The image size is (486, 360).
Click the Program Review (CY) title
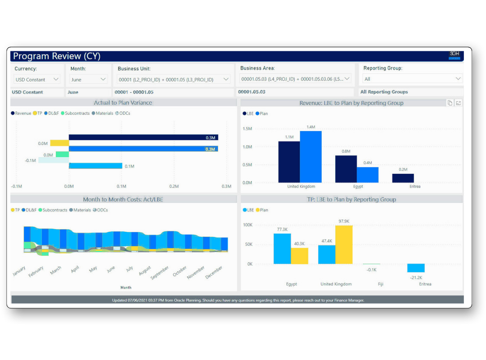pyautogui.click(x=57, y=56)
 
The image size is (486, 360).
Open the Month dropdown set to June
pyautogui.click(x=89, y=79)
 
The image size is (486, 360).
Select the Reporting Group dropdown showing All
pyautogui.click(x=412, y=79)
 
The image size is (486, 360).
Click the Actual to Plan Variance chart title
pyautogui.click(x=123, y=103)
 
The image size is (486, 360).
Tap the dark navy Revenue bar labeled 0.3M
pyautogui.click(x=143, y=137)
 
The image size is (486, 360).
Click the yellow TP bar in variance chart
pyautogui.click(x=59, y=143)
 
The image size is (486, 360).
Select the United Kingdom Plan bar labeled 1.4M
pyautogui.click(x=310, y=157)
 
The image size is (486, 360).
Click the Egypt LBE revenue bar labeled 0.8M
pyautogui.click(x=346, y=169)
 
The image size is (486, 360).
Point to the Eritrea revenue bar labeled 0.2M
pyautogui.click(x=403, y=178)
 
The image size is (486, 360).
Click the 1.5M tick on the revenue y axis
pyautogui.click(x=247, y=129)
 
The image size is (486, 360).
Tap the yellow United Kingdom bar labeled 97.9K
pyautogui.click(x=344, y=244)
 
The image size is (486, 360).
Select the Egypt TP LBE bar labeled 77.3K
pyautogui.click(x=282, y=248)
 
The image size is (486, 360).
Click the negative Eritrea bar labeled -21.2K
pyautogui.click(x=415, y=268)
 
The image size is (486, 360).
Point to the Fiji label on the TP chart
pyautogui.click(x=381, y=284)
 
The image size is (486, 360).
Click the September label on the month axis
pyautogui.click(x=160, y=273)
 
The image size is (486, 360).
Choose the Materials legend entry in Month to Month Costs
pyautogui.click(x=82, y=210)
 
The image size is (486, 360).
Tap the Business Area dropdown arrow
pyautogui.click(x=347, y=79)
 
